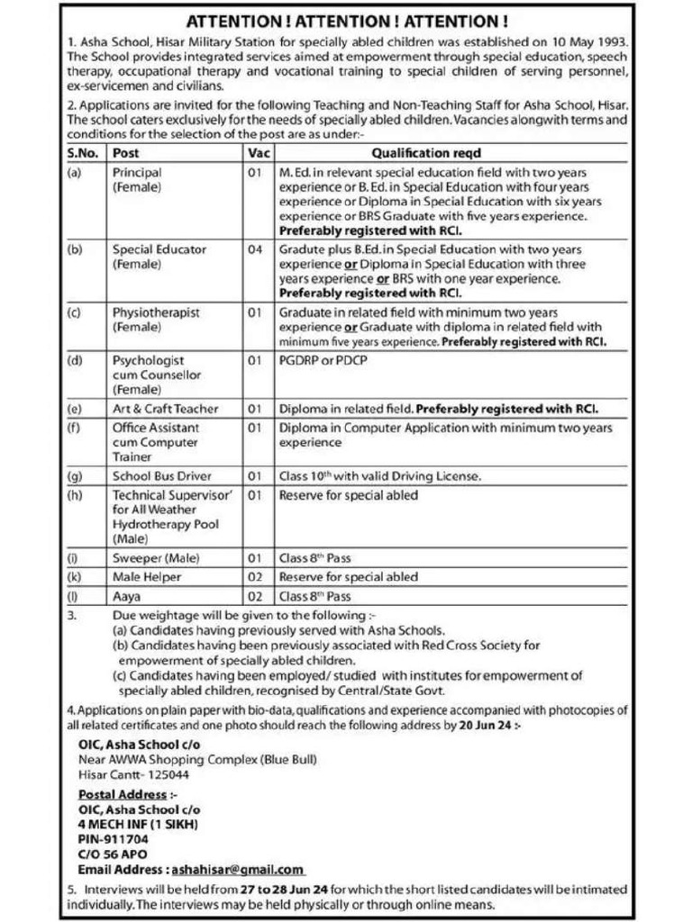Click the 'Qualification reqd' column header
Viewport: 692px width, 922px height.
click(x=426, y=153)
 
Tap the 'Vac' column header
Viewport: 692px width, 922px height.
click(x=258, y=153)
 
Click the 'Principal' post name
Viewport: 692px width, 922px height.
click(x=137, y=172)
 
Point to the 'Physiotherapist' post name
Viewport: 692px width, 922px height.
click(x=156, y=312)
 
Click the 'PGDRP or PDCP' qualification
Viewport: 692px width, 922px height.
click(x=323, y=360)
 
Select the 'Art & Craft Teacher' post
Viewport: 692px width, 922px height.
click(x=165, y=408)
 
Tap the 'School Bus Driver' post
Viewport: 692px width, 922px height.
click(x=162, y=475)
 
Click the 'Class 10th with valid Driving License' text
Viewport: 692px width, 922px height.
click(x=379, y=475)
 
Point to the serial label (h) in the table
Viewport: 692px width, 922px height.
click(x=74, y=495)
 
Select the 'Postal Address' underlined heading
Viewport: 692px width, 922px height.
click(x=123, y=794)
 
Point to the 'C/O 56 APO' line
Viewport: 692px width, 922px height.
click(x=113, y=854)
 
